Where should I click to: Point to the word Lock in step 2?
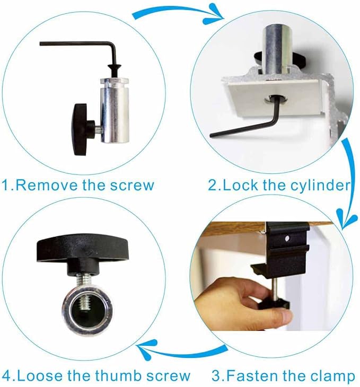[x=241, y=185]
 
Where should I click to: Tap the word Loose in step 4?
[x=39, y=375]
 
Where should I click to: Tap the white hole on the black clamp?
[x=287, y=239]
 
